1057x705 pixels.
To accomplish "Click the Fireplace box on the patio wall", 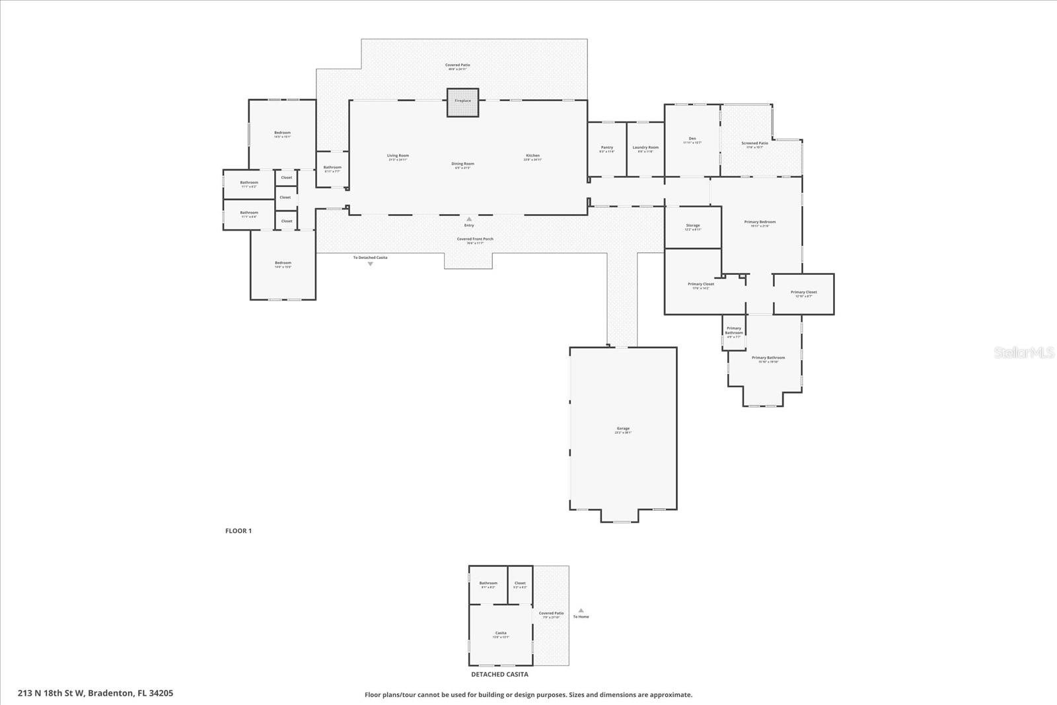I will point(462,102).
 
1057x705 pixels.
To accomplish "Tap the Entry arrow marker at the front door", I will point(469,219).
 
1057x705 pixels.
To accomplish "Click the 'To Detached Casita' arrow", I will point(370,264).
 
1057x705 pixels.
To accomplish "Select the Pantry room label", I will point(607,148).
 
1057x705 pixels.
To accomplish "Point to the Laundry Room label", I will point(645,148).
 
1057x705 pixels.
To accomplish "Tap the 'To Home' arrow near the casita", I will point(581,611).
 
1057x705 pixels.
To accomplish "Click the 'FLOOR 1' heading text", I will point(238,531).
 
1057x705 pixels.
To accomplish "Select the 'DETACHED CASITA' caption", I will point(499,675).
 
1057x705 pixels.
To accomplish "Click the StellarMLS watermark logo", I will point(1025,353).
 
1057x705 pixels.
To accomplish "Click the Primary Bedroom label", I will point(760,223).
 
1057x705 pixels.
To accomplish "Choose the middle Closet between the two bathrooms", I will point(285,198).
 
